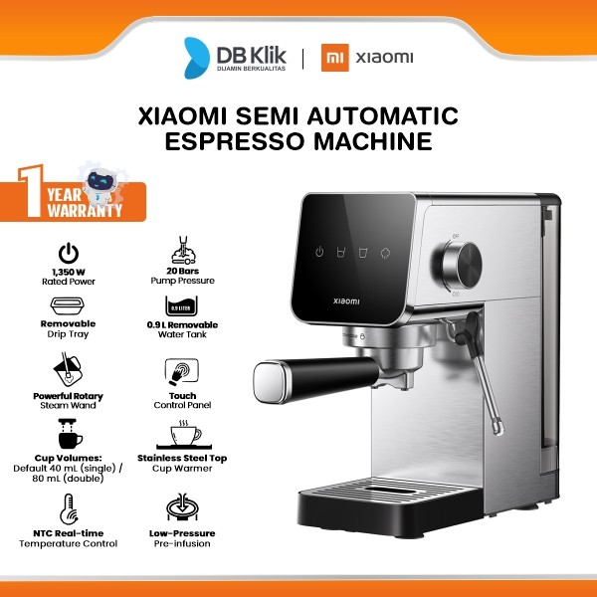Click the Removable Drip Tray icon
coord(68,308)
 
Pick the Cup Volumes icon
coord(68,434)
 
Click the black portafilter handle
coord(298,376)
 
